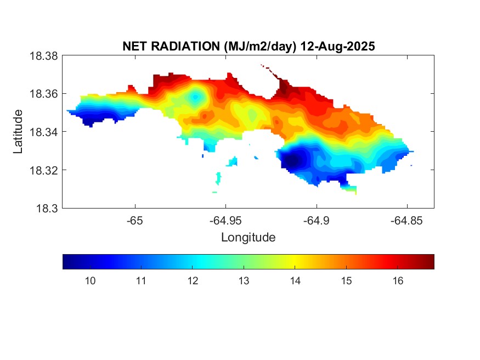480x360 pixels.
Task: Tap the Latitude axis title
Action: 19,131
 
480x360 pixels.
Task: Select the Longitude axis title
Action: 248,238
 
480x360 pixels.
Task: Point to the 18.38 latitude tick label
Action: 43,56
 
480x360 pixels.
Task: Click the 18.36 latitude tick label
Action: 43,94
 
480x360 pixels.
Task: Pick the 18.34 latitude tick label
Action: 43,132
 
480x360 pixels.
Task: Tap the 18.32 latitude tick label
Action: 43,170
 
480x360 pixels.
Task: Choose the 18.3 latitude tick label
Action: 46,208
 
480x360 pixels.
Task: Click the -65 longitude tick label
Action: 135,221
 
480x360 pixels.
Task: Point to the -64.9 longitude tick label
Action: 316,221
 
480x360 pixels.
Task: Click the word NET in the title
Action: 135,47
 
